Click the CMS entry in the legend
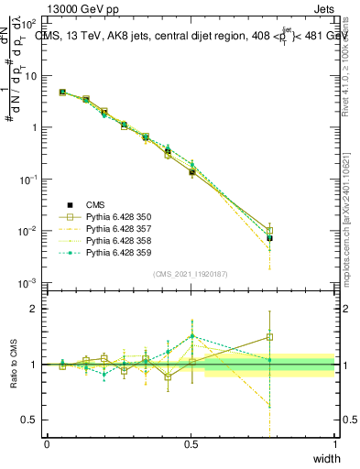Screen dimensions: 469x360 click(x=97, y=204)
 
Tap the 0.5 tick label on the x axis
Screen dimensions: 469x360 click(x=191, y=445)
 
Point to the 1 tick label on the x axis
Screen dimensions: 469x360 click(x=334, y=445)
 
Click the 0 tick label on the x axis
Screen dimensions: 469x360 click(x=47, y=445)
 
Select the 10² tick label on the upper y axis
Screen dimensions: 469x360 click(x=28, y=25)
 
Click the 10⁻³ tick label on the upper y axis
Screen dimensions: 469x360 click(x=28, y=282)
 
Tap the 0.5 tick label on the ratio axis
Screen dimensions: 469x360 click(x=31, y=420)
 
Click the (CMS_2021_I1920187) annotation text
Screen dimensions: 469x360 click(x=191, y=274)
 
